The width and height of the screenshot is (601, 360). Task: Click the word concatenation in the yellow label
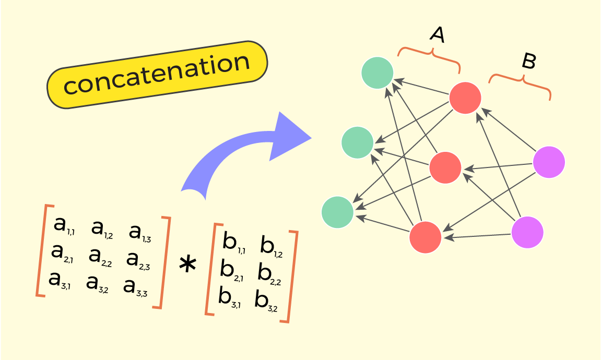click(157, 74)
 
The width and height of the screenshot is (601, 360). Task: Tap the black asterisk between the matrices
click(188, 265)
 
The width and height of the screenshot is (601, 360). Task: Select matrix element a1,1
click(64, 225)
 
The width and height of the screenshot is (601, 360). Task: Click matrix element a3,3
click(135, 287)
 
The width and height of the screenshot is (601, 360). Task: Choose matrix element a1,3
click(140, 233)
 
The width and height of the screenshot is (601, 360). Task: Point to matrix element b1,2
click(272, 247)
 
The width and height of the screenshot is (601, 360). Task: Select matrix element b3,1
click(229, 297)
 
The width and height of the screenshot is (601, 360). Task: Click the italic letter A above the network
click(438, 34)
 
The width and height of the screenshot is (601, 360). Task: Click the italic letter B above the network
click(529, 61)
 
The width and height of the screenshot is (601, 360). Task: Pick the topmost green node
click(378, 73)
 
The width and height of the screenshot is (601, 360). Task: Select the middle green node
click(358, 142)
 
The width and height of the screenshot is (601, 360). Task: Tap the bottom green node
click(338, 212)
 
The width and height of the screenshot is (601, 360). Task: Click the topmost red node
click(465, 98)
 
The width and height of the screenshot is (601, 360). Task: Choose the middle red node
click(445, 168)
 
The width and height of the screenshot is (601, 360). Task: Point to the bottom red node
click(426, 237)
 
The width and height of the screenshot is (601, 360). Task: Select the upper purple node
click(549, 162)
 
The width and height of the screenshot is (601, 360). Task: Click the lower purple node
click(527, 233)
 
